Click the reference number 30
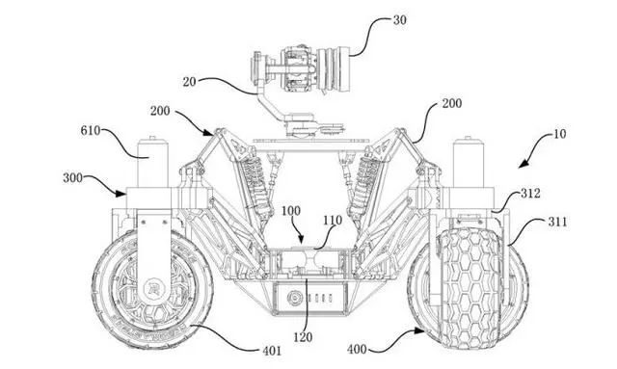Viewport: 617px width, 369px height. [x=400, y=20]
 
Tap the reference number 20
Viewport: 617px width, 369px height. [x=189, y=82]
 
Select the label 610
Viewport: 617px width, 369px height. [x=91, y=131]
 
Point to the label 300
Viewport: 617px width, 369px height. [x=73, y=178]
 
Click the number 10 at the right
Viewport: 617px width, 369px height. [x=559, y=134]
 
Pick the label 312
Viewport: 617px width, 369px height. [x=530, y=194]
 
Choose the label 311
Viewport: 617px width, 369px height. [x=558, y=223]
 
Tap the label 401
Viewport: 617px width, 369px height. [x=272, y=351]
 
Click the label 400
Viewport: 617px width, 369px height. [x=357, y=349]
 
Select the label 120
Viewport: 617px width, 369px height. [x=303, y=337]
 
